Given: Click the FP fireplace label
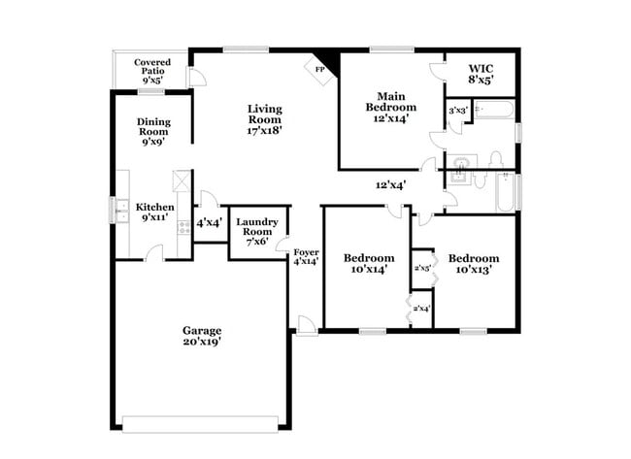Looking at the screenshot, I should pos(317,69).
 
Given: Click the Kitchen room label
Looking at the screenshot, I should pos(154,207).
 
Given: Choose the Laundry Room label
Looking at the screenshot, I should pos(258,231).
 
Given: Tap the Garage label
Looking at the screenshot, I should pos(203,330).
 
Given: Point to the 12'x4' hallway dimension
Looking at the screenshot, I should pos(390,184).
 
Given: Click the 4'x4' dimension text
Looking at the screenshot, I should pos(209,222).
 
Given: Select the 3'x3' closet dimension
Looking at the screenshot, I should pos(457,111).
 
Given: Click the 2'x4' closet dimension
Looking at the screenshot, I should pos(421,309).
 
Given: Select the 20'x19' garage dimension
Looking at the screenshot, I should pos(203,341).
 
